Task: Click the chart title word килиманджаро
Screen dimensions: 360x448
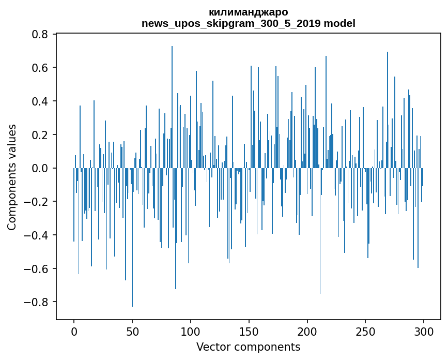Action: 248,12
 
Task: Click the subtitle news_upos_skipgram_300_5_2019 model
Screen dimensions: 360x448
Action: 248,23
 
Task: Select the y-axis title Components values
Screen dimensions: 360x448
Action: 12,177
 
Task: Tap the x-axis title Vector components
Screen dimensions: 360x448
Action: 248,347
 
